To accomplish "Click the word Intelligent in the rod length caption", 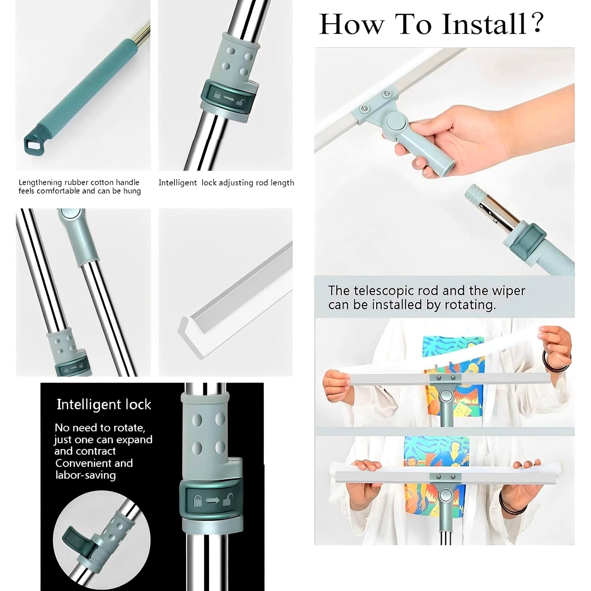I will pos(177,183).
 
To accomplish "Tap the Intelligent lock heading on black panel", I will pos(104,405).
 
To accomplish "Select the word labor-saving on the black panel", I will pos(86,475).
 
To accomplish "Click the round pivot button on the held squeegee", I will pos(396,121).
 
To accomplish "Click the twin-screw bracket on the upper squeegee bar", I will pos(445,378).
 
